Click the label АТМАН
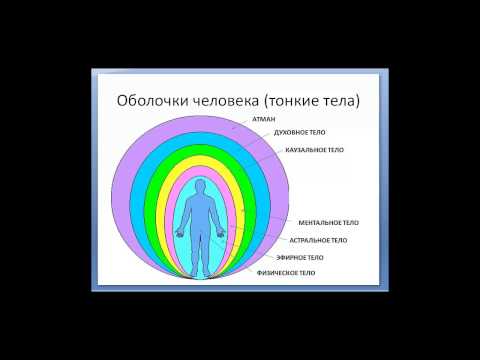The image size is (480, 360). [x=251, y=119]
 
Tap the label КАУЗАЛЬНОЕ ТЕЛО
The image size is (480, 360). [x=314, y=148]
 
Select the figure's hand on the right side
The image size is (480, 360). [x=227, y=230]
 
